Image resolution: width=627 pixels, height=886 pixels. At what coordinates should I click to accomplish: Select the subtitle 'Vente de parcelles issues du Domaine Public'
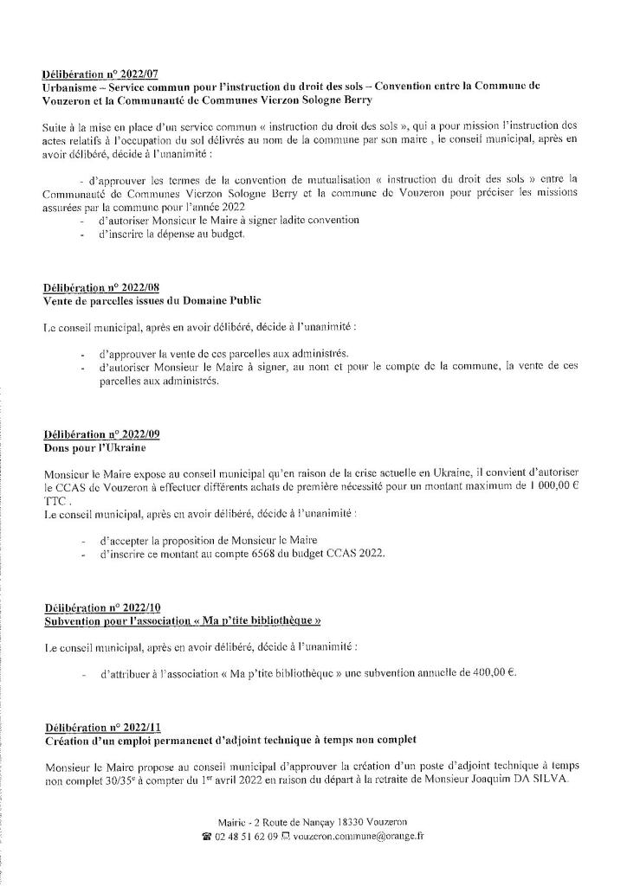152,299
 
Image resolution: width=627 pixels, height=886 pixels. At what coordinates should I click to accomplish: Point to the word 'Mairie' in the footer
234,821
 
